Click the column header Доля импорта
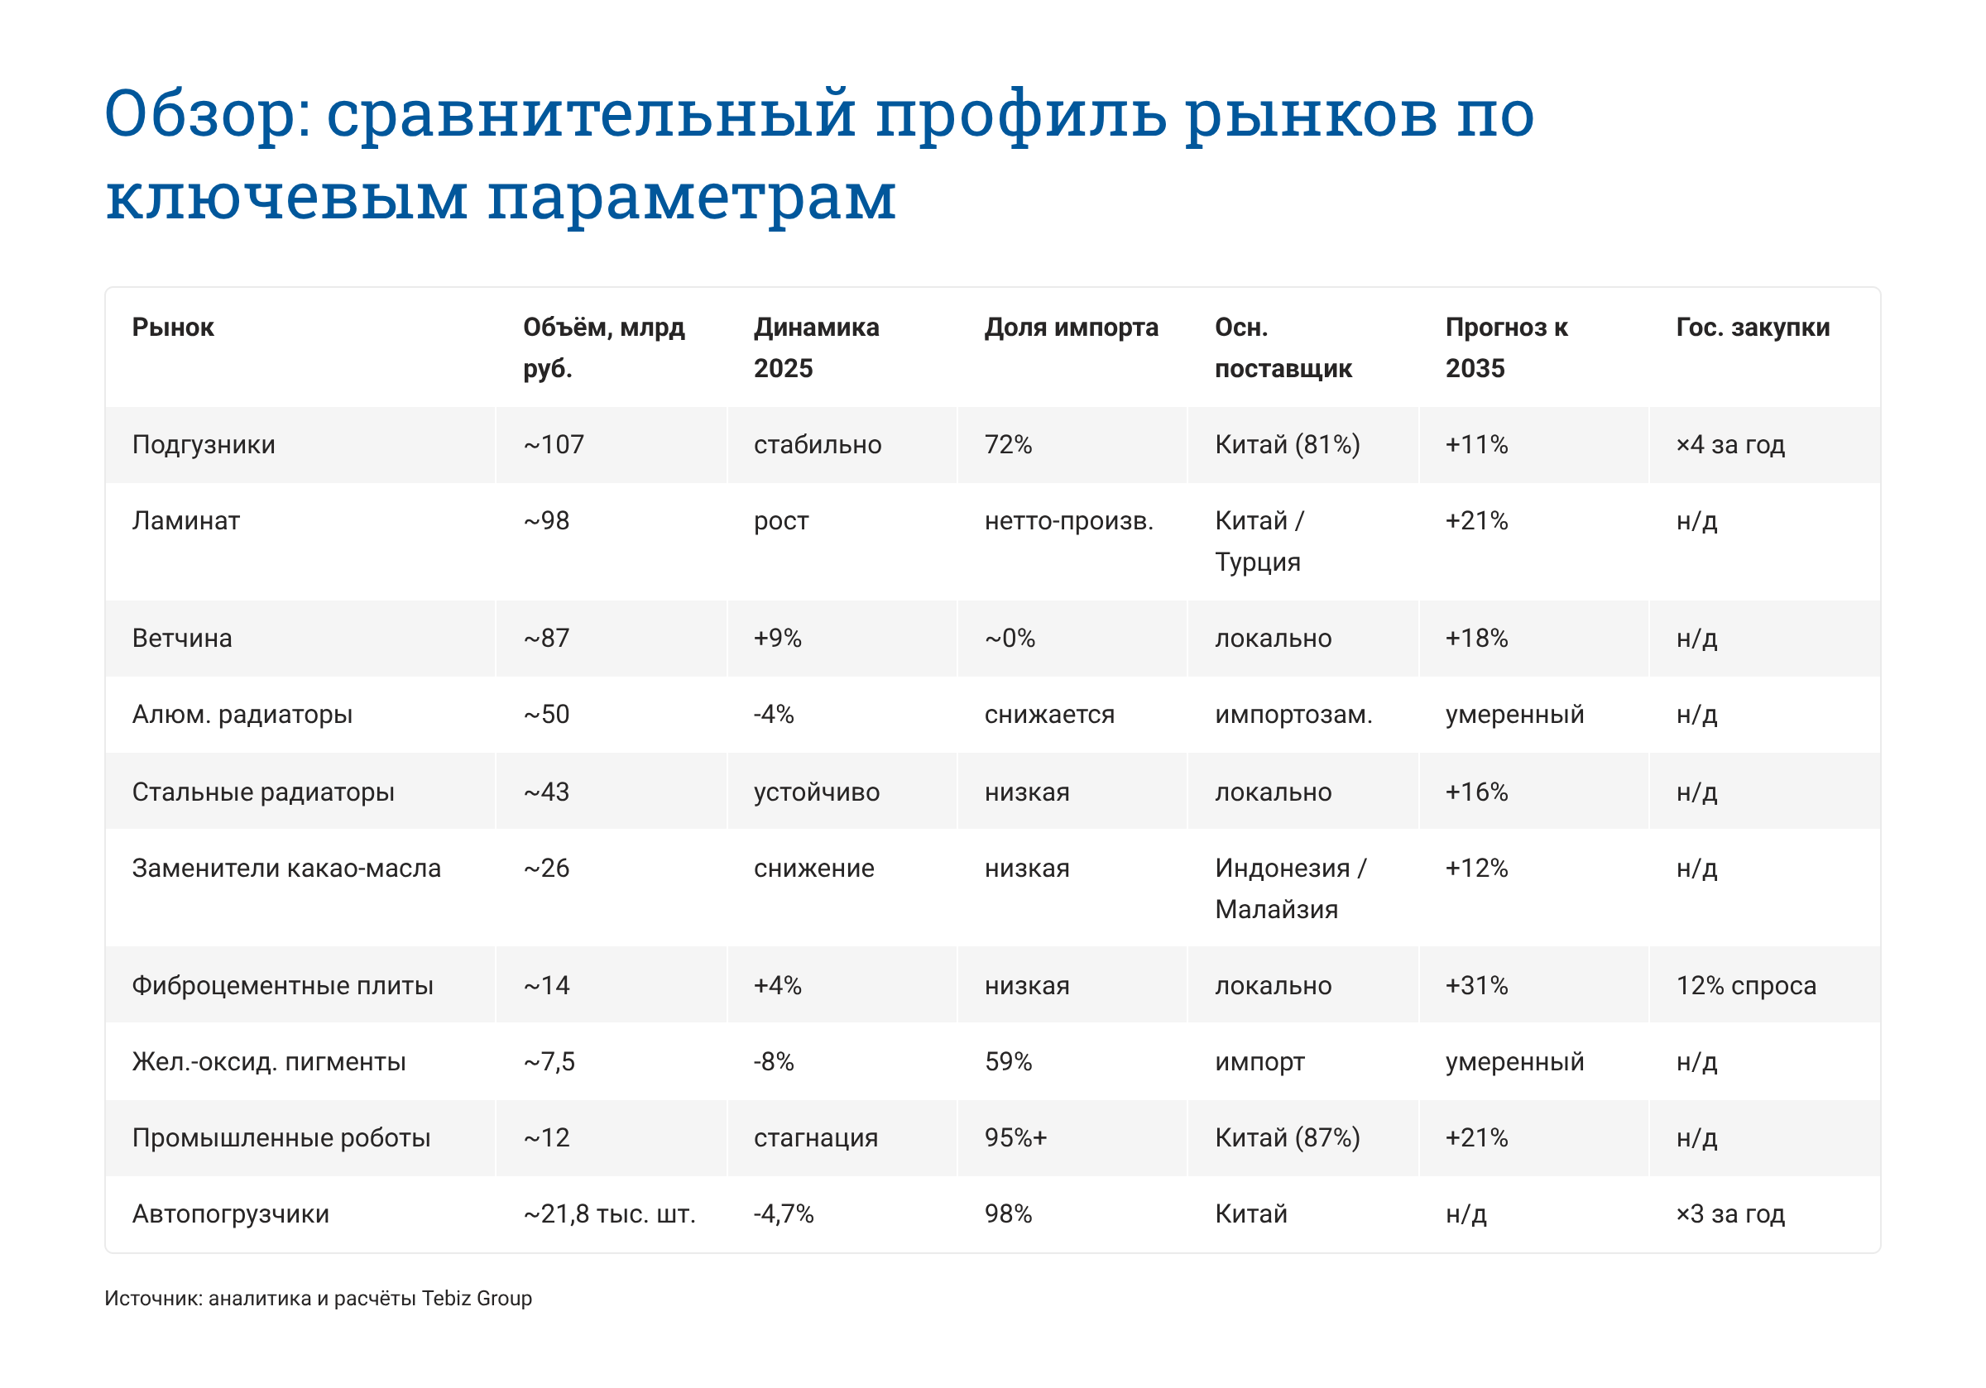(x=1071, y=327)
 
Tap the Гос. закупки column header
(x=1753, y=327)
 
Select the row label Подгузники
(x=204, y=444)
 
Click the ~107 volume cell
(x=554, y=444)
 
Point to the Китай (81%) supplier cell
(x=1287, y=444)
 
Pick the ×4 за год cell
(x=1730, y=444)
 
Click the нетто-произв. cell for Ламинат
(x=1068, y=520)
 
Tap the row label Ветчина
(x=182, y=639)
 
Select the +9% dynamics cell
(x=778, y=639)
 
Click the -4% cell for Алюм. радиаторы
(x=773, y=715)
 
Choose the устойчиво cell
(x=817, y=792)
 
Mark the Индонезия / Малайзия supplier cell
(x=1290, y=888)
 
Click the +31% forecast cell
(x=1476, y=986)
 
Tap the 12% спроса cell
(x=1745, y=986)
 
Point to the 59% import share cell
(x=1008, y=1062)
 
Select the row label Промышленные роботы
(x=281, y=1138)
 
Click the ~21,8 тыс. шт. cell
(x=609, y=1214)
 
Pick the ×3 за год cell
(x=1730, y=1214)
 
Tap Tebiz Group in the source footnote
(x=477, y=1298)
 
